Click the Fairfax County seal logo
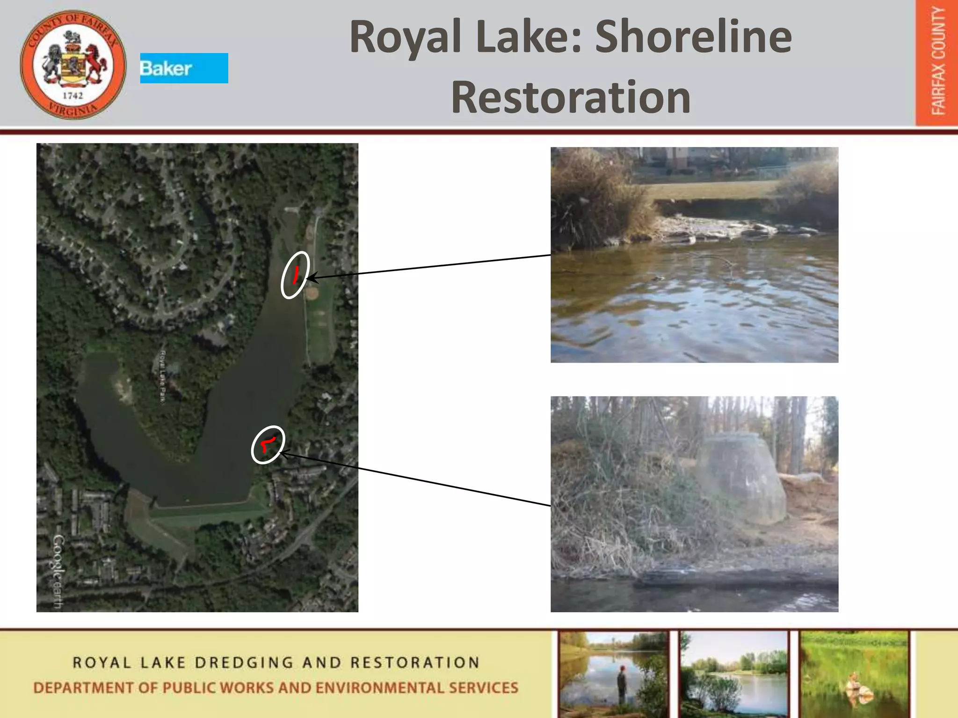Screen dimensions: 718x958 (73, 65)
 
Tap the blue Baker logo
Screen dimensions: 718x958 (184, 68)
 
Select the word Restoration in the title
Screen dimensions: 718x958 (571, 97)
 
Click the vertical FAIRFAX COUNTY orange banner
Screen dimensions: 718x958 (937, 63)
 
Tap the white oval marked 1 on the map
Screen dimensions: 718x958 (295, 275)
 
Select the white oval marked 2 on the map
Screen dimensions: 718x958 (268, 445)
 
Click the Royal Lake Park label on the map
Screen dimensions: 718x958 (163, 376)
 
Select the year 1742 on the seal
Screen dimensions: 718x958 (73, 96)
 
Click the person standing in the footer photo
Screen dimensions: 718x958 (622, 682)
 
